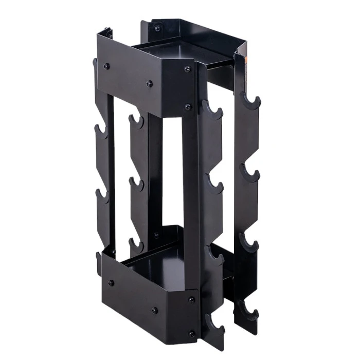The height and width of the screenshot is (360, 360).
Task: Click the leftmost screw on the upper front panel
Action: point(107,66)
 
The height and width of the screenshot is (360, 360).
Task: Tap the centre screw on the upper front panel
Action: point(150,83)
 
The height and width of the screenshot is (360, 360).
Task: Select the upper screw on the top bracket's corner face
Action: point(187,69)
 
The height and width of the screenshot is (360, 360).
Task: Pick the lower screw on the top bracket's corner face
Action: point(188,107)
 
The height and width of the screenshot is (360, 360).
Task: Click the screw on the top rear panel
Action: point(157,29)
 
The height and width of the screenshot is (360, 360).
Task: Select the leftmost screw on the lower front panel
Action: point(111,282)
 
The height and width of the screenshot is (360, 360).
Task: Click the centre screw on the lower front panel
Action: point(155,310)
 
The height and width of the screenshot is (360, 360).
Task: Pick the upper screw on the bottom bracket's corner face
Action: point(191,297)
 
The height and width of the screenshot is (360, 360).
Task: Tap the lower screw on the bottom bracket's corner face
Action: point(192,334)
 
